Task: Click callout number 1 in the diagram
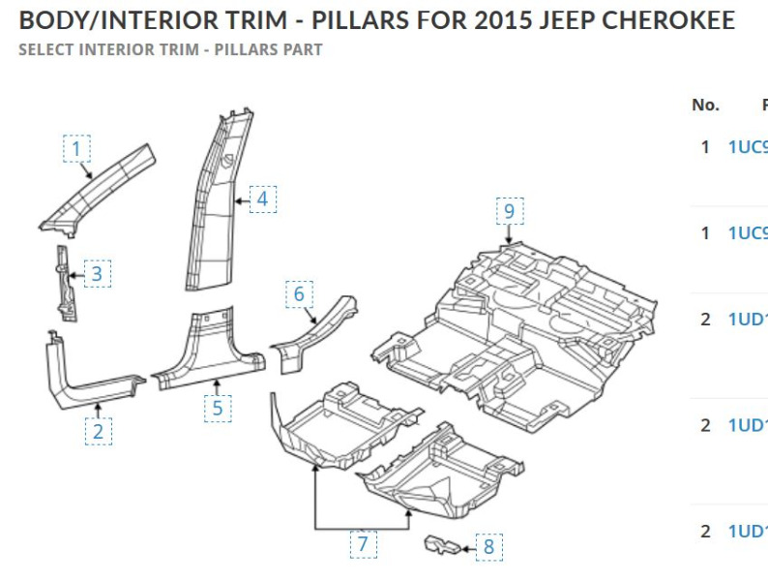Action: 77,149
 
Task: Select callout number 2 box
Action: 98,431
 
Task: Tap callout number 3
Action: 97,274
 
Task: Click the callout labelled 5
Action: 218,408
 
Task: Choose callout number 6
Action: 299,293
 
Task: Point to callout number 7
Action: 363,543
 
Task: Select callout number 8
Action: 488,547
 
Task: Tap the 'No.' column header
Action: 705,105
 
